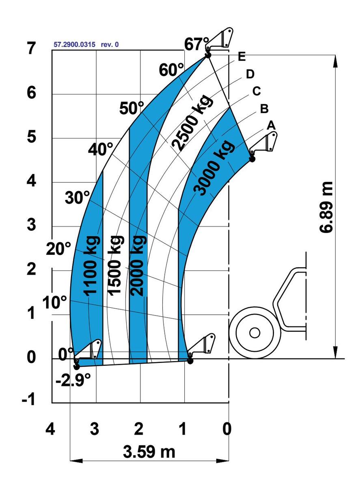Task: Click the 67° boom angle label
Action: (x=196, y=44)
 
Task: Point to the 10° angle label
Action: (x=54, y=303)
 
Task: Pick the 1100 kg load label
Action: (x=92, y=266)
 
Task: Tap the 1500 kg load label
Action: (x=116, y=266)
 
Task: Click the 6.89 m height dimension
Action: (x=326, y=207)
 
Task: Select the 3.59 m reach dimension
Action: (x=149, y=452)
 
